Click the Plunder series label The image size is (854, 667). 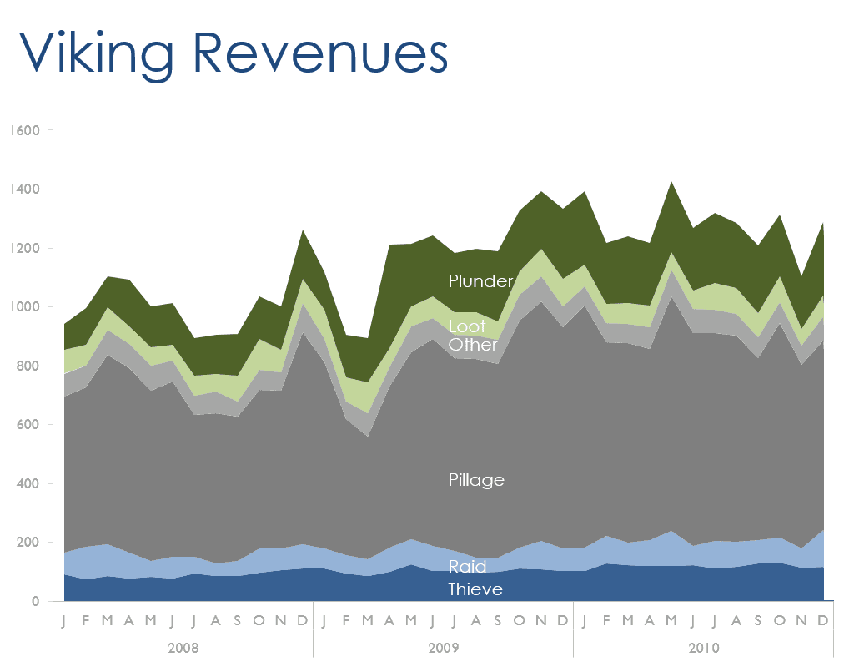480,281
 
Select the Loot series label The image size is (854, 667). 467,327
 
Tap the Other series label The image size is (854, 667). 473,344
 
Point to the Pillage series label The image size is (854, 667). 476,480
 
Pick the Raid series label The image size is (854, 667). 467,568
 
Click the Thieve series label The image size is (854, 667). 475,589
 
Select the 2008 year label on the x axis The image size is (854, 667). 183,648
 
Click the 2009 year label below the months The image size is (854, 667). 443,648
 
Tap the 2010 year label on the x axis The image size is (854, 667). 703,648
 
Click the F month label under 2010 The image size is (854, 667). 605,621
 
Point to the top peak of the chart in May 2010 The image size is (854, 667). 671,182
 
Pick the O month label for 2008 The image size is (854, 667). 259,621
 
